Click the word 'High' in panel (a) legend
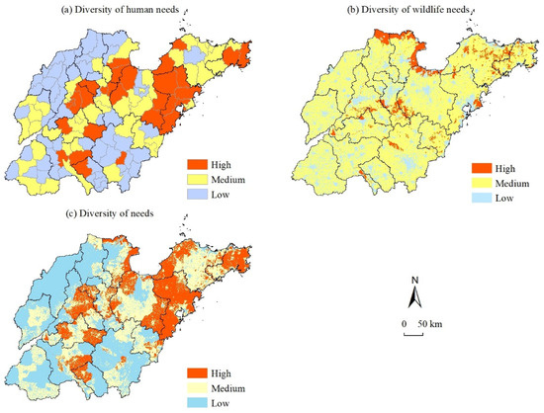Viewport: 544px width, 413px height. [223, 164]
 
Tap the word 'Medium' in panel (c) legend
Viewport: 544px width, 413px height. [232, 387]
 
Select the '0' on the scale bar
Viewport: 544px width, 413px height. [406, 323]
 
